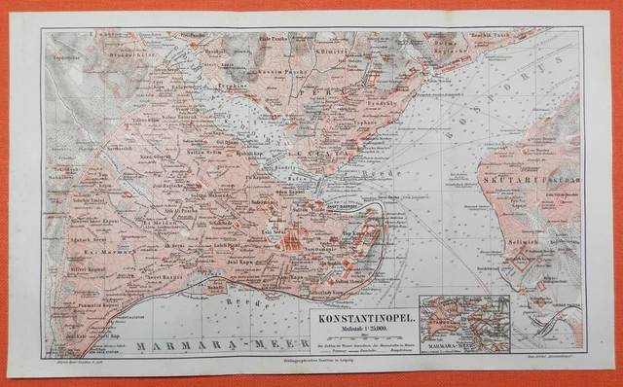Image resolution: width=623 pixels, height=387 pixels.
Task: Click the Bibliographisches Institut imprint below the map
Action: [311, 361]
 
